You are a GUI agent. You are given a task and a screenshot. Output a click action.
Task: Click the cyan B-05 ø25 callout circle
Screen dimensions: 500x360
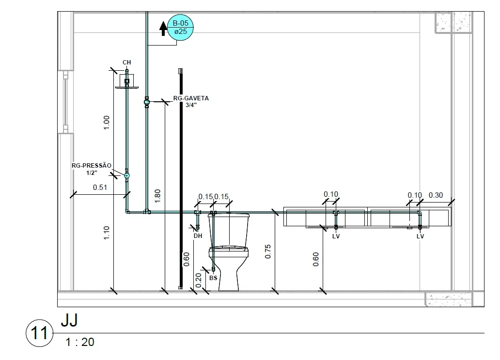tap(181, 28)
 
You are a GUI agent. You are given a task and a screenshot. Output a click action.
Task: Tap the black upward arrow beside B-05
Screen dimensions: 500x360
tap(163, 29)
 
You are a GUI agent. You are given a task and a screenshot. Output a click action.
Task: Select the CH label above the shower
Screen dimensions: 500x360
tap(126, 62)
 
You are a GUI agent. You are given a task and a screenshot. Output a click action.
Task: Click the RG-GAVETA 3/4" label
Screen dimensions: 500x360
tap(191, 101)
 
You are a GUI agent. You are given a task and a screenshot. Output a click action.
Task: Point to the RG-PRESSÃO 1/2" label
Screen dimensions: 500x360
tap(92, 169)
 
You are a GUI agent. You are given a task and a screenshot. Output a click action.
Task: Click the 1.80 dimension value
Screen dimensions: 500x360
tap(157, 196)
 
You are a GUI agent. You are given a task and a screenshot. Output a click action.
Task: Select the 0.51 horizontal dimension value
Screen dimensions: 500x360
tap(100, 188)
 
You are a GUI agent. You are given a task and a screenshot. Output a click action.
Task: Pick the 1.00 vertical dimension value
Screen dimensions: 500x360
tap(107, 123)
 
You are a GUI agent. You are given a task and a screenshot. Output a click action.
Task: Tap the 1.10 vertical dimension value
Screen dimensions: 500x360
tap(107, 233)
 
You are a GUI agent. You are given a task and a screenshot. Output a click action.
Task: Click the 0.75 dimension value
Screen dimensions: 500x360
tap(268, 251)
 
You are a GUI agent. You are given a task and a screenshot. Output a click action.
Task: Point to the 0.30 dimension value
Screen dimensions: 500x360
tap(436, 195)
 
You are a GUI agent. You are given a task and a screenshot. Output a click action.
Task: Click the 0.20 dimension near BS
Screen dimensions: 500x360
tap(198, 280)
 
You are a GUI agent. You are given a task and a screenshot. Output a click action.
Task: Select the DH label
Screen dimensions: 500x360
tap(198, 236)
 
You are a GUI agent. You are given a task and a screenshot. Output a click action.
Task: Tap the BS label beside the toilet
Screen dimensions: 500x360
tap(213, 278)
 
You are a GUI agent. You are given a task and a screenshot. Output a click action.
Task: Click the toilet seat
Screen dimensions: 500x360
tap(229, 249)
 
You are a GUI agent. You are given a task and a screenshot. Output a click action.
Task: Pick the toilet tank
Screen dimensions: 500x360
tap(229, 230)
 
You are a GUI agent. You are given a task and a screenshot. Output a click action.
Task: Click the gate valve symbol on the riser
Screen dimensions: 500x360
tap(147, 102)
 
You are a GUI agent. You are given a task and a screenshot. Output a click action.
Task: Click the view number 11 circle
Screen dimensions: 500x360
tap(39, 333)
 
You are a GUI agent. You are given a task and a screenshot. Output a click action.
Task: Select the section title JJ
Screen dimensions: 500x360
tap(69, 320)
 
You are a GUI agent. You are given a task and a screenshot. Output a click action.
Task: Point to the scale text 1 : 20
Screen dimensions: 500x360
tap(80, 342)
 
